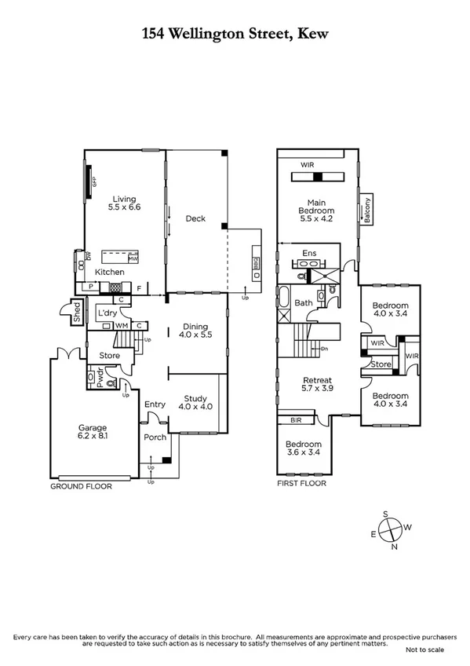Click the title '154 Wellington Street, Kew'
235,33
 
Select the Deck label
195,218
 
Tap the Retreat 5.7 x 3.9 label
318,385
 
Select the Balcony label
366,211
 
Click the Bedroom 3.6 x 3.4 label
303,448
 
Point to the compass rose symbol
390,531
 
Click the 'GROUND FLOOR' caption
81,486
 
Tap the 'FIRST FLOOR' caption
301,483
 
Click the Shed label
77,314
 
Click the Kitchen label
110,272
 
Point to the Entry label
155,404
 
